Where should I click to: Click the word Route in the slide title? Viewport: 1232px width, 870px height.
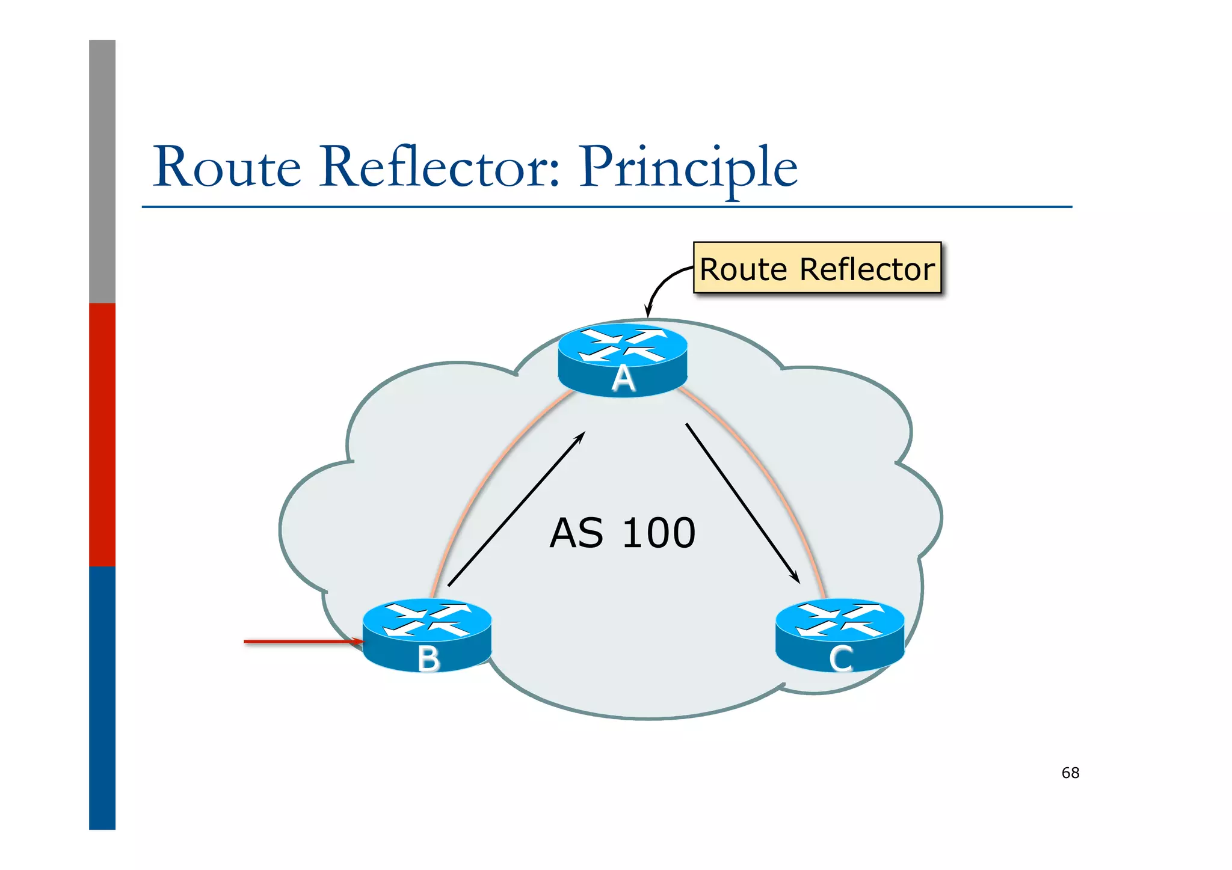click(227, 167)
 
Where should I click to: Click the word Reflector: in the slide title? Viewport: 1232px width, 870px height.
click(440, 167)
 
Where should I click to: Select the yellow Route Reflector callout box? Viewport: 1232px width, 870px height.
click(816, 268)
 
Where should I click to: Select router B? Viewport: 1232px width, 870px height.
click(427, 634)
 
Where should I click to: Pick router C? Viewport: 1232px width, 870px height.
click(840, 634)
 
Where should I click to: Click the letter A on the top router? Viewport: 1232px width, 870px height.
click(623, 379)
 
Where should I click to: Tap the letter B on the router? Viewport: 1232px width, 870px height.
click(428, 659)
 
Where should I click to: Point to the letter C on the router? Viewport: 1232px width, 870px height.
click(840, 659)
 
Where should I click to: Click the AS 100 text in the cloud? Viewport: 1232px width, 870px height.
click(622, 533)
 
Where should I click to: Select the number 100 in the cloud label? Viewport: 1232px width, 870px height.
click(659, 533)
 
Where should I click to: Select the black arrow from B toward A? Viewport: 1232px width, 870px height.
click(516, 509)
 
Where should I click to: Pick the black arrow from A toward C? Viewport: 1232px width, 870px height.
click(742, 503)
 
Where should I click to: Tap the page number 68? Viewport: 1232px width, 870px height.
click(1070, 773)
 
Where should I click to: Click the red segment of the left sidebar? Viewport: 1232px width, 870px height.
click(102, 434)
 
